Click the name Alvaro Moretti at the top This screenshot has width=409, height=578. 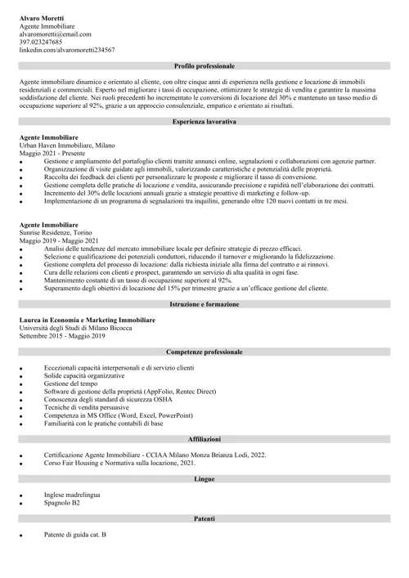tap(42, 17)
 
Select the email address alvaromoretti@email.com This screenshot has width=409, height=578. tap(56, 34)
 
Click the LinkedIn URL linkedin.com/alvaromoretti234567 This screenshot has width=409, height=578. tap(67, 50)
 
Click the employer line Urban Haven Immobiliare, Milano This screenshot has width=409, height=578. tap(67, 145)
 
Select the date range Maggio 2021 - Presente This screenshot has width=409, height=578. tap(53, 153)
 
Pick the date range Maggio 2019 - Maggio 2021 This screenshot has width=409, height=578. tap(59, 240)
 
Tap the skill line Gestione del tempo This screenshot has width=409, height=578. tap(71, 383)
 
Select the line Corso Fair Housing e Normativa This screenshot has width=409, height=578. tap(108, 463)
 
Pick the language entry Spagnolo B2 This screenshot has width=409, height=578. tap(61, 503)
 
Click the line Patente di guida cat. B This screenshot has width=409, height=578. tap(74, 535)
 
